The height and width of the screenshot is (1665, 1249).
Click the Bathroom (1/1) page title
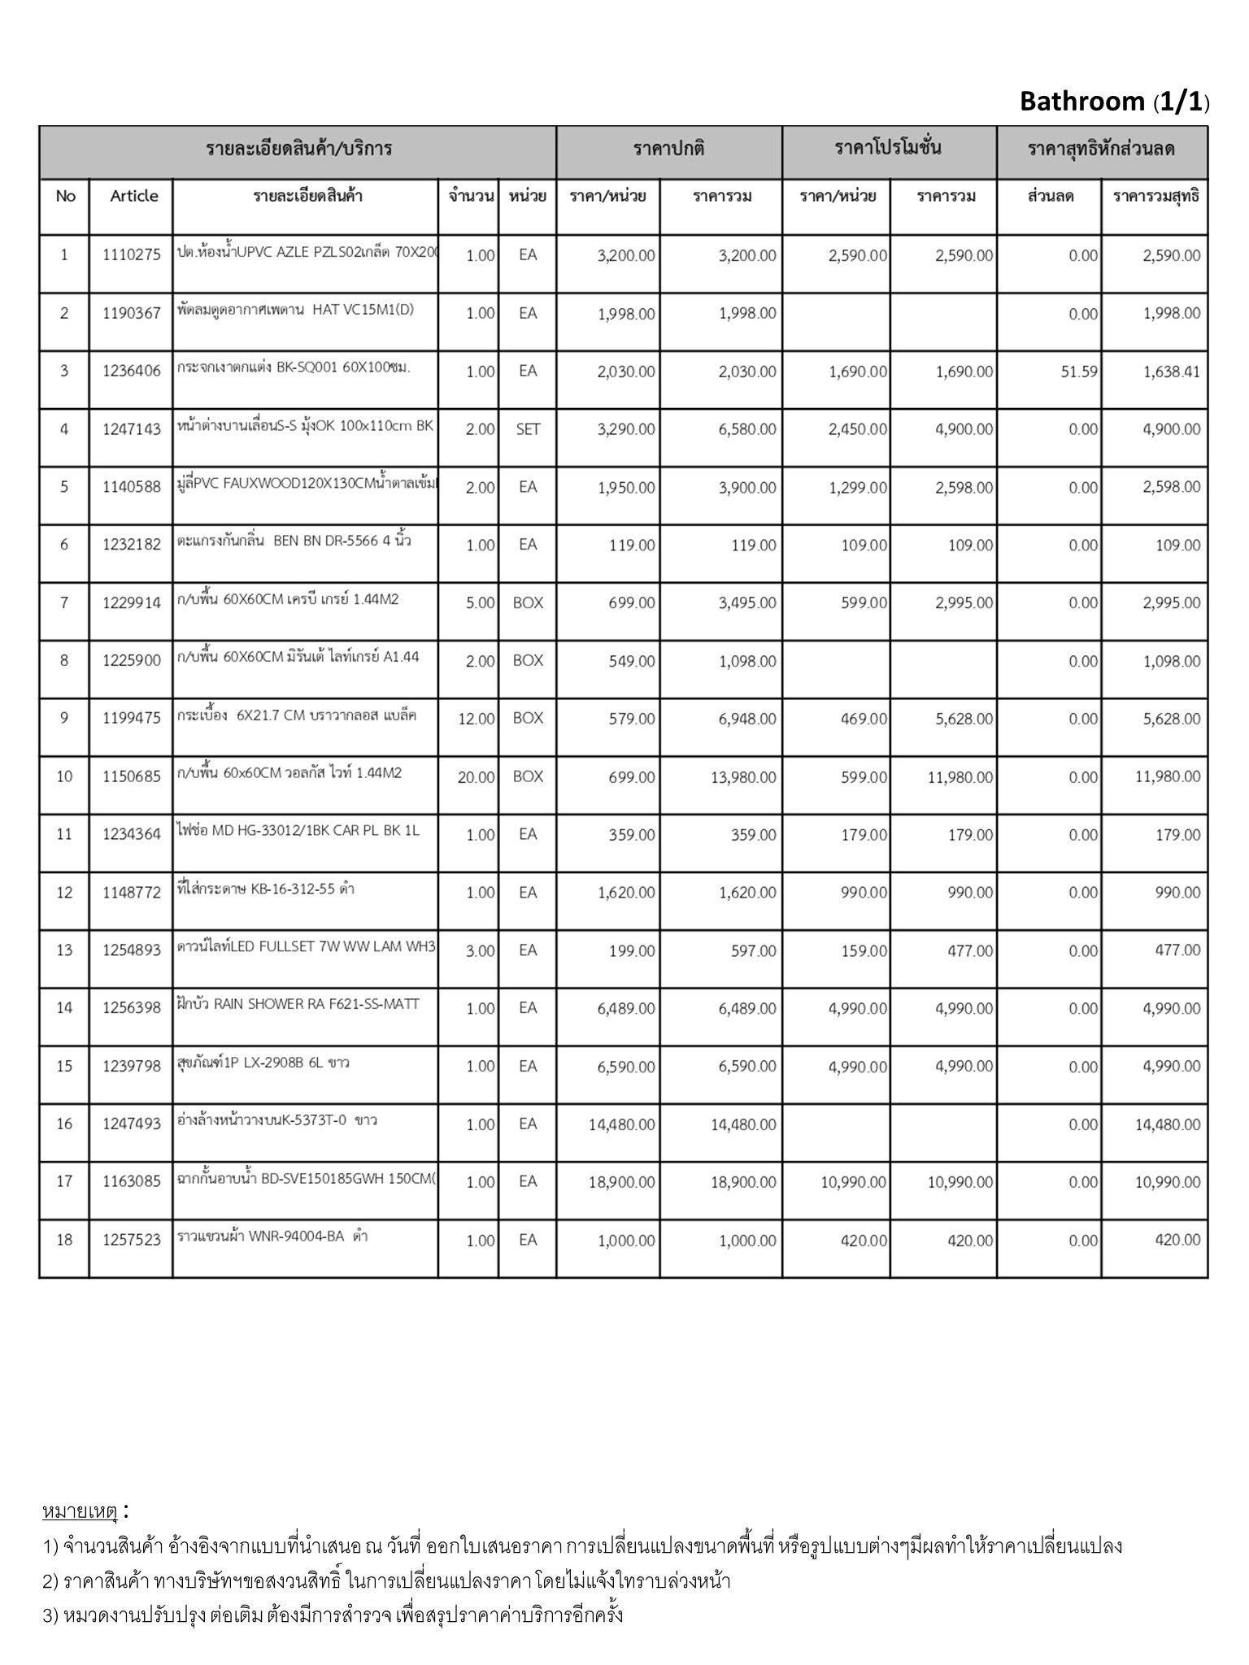1114,102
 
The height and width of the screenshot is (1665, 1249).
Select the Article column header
134,196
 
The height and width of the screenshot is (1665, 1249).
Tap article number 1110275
132,255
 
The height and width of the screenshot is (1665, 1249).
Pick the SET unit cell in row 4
528,429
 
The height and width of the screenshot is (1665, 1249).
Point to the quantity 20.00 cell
476,777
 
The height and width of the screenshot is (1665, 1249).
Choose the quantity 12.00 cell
477,719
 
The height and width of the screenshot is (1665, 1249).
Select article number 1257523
132,1240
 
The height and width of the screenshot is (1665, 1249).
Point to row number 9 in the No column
64,718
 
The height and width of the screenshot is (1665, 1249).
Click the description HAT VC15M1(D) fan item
295,310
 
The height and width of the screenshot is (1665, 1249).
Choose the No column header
65,196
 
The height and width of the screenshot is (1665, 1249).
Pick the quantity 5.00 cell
480,603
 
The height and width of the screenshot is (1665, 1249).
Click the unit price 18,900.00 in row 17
621,1182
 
